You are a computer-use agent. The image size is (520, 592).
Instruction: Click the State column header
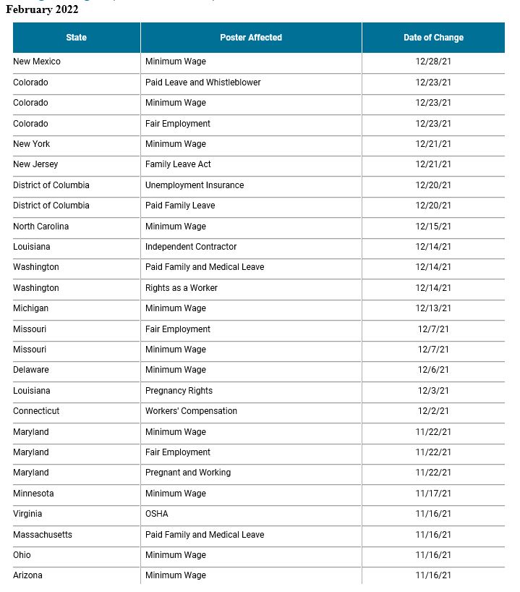click(76, 38)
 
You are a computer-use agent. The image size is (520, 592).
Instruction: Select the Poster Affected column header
click(251, 38)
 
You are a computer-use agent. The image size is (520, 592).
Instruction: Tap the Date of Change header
click(433, 38)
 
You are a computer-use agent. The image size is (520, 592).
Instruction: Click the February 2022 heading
click(42, 9)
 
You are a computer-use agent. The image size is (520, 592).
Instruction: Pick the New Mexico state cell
click(37, 62)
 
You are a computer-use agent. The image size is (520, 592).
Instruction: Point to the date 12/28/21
click(433, 62)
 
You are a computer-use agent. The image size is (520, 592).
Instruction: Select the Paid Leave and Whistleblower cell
click(203, 83)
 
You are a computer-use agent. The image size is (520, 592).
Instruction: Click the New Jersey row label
click(35, 165)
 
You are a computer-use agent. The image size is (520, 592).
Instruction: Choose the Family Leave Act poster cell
click(178, 165)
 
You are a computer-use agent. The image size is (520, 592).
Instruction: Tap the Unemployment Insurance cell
click(195, 185)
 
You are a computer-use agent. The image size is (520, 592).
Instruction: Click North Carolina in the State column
click(41, 227)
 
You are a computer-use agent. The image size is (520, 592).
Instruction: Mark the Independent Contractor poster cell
click(191, 247)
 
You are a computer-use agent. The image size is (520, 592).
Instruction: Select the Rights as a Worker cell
click(181, 288)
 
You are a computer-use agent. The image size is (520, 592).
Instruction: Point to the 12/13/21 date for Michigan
click(433, 308)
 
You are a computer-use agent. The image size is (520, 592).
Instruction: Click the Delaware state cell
click(31, 370)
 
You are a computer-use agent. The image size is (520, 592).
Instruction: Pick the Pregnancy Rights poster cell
click(179, 391)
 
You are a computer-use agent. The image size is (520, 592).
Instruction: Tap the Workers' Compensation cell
click(191, 411)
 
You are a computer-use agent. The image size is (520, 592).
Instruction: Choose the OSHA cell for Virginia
click(156, 514)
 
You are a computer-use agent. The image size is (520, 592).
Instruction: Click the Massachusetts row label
click(43, 535)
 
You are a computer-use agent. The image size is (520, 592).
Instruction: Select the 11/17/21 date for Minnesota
click(433, 494)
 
